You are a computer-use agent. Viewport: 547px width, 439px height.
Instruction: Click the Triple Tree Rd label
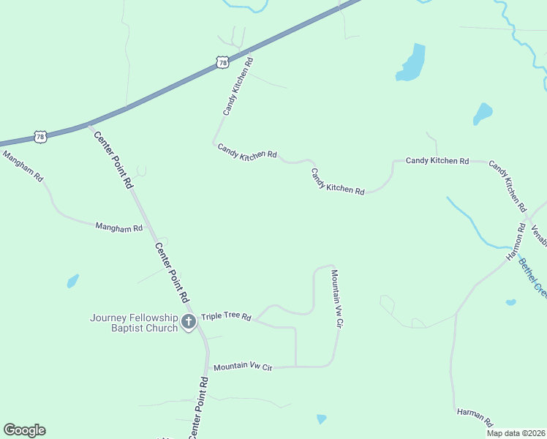(226, 317)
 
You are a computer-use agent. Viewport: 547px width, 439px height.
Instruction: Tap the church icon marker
(189, 321)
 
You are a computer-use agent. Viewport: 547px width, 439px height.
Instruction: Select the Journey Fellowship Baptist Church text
(134, 323)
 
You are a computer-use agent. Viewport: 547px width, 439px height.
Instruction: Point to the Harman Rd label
(475, 417)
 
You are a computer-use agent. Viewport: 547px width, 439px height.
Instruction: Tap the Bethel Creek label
(533, 277)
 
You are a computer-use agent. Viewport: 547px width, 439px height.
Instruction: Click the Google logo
(24, 430)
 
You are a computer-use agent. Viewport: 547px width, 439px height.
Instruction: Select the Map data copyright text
(516, 433)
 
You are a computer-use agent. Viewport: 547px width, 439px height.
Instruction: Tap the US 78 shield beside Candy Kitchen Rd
(223, 64)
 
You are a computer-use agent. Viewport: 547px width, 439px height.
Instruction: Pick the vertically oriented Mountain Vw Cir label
(337, 298)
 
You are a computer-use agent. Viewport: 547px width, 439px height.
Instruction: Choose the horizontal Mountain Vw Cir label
(243, 367)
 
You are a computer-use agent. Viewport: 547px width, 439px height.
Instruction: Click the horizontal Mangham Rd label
(118, 228)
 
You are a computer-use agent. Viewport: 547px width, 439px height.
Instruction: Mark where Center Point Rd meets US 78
(89, 124)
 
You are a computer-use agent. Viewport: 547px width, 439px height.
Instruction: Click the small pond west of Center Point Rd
(72, 280)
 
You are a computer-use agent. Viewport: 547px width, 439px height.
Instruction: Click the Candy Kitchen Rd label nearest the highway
(238, 86)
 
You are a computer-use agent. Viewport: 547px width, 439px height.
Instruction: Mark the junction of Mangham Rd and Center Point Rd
(151, 233)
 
